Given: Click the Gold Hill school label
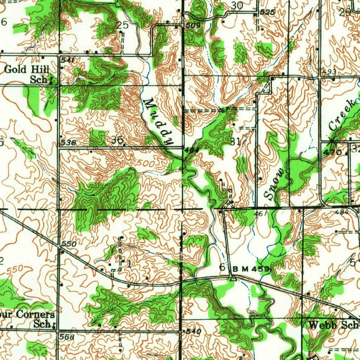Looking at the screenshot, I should (x=27, y=74).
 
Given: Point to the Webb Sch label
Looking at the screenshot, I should (x=332, y=325).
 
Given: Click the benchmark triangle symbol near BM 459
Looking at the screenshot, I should (x=232, y=278).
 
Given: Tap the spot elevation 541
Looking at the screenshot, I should (x=67, y=60).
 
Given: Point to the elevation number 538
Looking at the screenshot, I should (x=68, y=143).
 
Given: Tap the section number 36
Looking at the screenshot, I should (x=117, y=140).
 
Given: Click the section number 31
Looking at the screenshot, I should (x=235, y=142).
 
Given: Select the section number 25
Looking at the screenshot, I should (x=122, y=25).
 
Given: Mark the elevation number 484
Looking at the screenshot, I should (x=341, y=212).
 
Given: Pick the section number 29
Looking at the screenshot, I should (x=345, y=13).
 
